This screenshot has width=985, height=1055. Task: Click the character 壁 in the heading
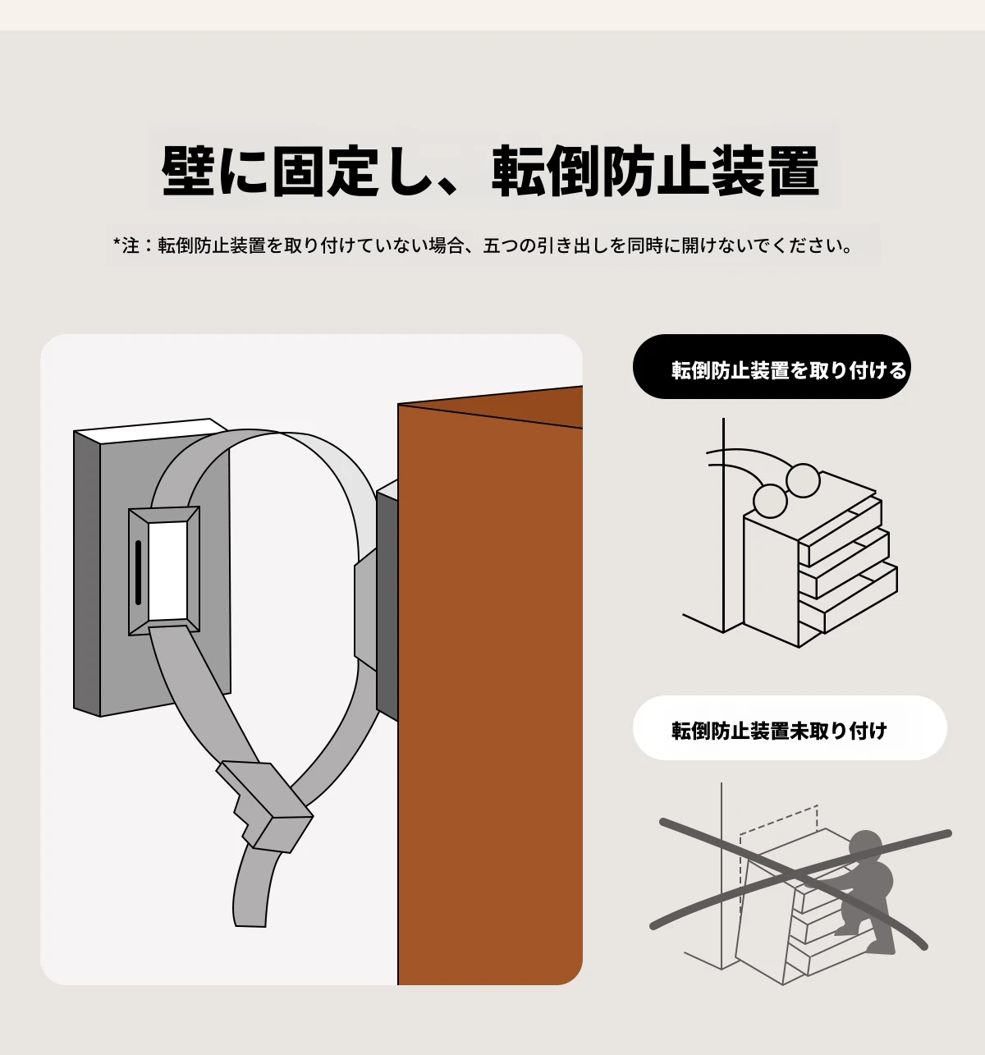pos(188,171)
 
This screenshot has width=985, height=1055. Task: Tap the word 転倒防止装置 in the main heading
pos(655,171)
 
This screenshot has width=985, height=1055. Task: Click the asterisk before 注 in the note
pos(117,243)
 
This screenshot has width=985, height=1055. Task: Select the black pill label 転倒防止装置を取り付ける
pos(772,366)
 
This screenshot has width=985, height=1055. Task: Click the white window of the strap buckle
pos(168,570)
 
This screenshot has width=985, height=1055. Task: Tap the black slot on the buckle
pos(138,572)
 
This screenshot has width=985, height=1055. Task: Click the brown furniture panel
pos(490,686)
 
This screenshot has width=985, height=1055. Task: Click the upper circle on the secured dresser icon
pos(803,480)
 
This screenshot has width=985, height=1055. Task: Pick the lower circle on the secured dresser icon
pos(770,502)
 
